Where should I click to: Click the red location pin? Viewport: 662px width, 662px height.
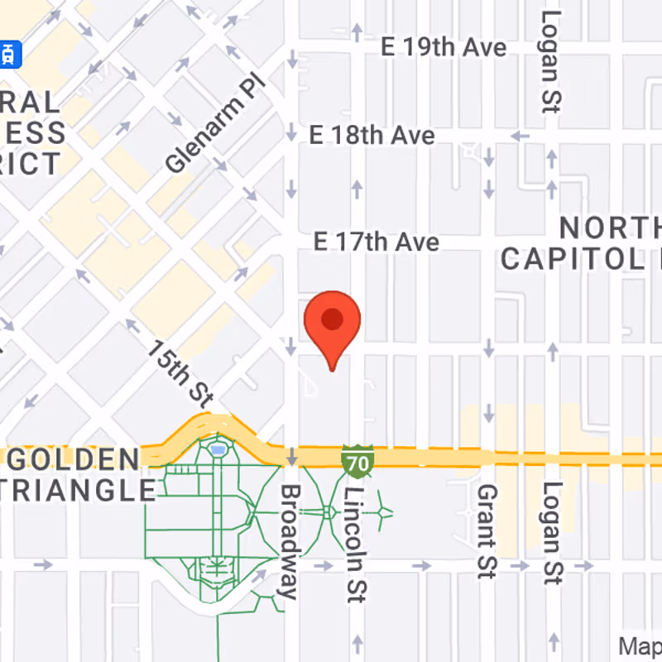(333, 323)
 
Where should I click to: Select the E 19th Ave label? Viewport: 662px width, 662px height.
(444, 47)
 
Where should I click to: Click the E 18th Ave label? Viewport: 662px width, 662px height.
(372, 135)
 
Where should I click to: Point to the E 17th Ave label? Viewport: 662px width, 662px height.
(377, 242)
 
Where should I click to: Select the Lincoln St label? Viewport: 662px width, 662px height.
(356, 543)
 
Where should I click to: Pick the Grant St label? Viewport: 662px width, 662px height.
(485, 530)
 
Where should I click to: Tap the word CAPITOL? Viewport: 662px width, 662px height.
(571, 258)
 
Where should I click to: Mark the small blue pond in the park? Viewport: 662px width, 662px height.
(218, 450)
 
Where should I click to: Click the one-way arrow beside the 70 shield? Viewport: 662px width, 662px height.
(291, 458)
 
